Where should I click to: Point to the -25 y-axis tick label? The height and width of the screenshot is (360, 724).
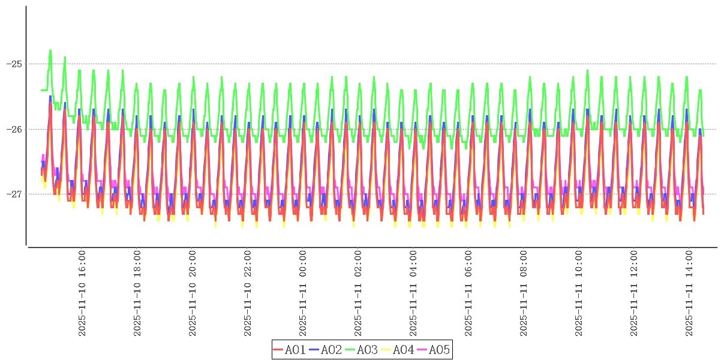[13, 64]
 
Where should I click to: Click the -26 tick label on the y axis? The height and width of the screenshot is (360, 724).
[13, 129]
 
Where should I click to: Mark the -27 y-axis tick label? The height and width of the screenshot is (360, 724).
[13, 194]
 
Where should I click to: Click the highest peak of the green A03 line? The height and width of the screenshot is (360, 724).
[50, 50]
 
